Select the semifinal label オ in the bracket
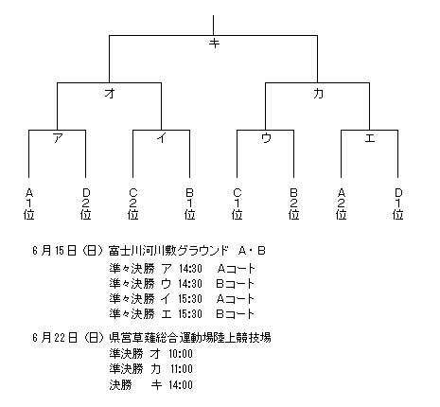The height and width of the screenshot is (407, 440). pos(110,93)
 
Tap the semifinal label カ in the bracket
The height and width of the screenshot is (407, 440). pos(318,93)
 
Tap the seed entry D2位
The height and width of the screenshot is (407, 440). pos(86,203)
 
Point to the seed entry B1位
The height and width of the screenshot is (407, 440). pos(190,203)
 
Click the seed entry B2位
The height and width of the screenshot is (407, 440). pos(294,203)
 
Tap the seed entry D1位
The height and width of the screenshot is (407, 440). pos(398,203)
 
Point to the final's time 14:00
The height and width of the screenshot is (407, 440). pos(180,384)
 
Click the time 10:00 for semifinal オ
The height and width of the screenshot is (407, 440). pos(180,353)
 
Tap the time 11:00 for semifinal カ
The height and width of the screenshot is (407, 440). pos(180,369)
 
